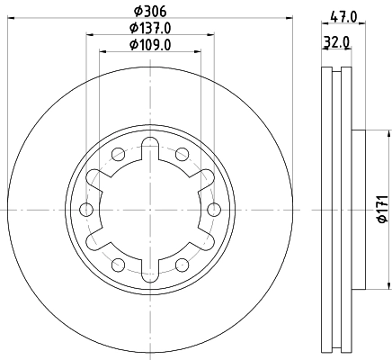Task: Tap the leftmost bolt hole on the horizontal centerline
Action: pos(86,209)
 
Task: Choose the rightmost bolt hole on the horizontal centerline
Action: pos(213,209)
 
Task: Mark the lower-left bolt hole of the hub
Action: pos(118,264)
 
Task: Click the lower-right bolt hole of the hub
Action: pos(181,264)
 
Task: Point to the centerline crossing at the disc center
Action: pos(149,209)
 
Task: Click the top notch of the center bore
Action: pos(149,148)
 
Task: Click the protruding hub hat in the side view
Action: pos(357,209)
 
